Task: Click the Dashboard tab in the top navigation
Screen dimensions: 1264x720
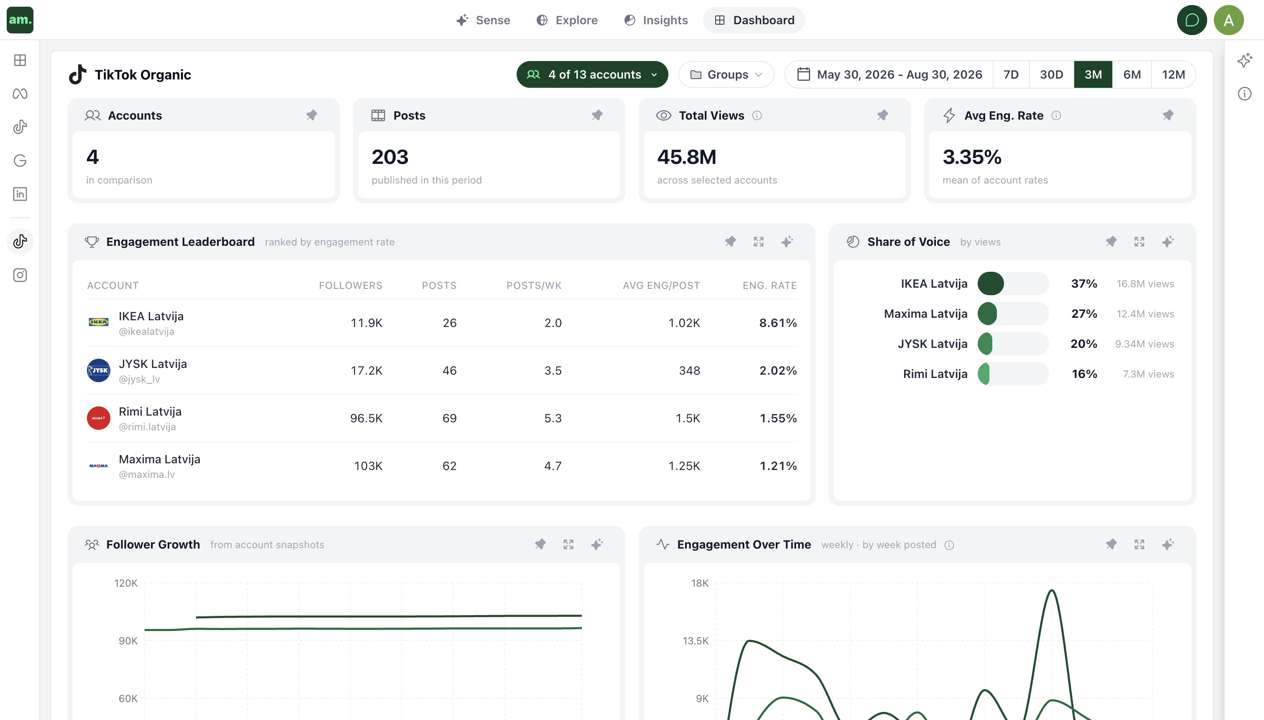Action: tap(754, 20)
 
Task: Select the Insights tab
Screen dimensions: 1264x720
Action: tap(655, 20)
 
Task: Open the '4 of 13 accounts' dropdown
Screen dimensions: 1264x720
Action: tap(592, 75)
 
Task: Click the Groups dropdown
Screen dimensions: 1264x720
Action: tap(726, 75)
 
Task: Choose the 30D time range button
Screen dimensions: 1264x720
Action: tap(1051, 75)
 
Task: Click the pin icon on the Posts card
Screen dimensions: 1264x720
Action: tap(597, 115)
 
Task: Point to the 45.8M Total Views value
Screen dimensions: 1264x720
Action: tap(687, 157)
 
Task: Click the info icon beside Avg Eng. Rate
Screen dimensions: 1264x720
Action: tap(1056, 116)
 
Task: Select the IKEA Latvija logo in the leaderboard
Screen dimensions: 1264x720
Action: tap(98, 322)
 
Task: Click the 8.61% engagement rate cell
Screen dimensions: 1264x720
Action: tap(778, 323)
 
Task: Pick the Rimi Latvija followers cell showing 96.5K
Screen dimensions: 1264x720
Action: tap(366, 419)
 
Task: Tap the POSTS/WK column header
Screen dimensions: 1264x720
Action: tap(534, 285)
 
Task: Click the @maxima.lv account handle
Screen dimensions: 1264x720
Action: tap(147, 474)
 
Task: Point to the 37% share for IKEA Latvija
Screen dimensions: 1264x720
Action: tap(1084, 284)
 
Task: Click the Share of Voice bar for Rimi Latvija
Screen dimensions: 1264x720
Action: tap(1013, 374)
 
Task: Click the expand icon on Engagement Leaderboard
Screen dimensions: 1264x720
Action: tap(759, 242)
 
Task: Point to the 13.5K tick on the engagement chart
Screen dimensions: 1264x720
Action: tap(696, 641)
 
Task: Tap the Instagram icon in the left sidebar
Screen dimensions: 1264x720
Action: tap(20, 275)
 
